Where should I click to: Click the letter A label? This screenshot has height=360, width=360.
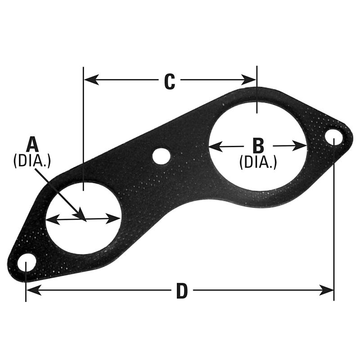(32, 144)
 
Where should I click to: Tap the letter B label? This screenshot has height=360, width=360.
(258, 146)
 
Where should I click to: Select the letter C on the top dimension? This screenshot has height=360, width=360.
(169, 81)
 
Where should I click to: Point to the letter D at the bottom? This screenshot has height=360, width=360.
(181, 292)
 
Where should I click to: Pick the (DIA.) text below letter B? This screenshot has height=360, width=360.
(258, 162)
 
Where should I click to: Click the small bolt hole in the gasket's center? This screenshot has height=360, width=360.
(161, 156)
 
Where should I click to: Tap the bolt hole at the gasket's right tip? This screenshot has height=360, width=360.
(333, 135)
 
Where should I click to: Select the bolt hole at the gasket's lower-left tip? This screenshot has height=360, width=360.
(27, 261)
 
